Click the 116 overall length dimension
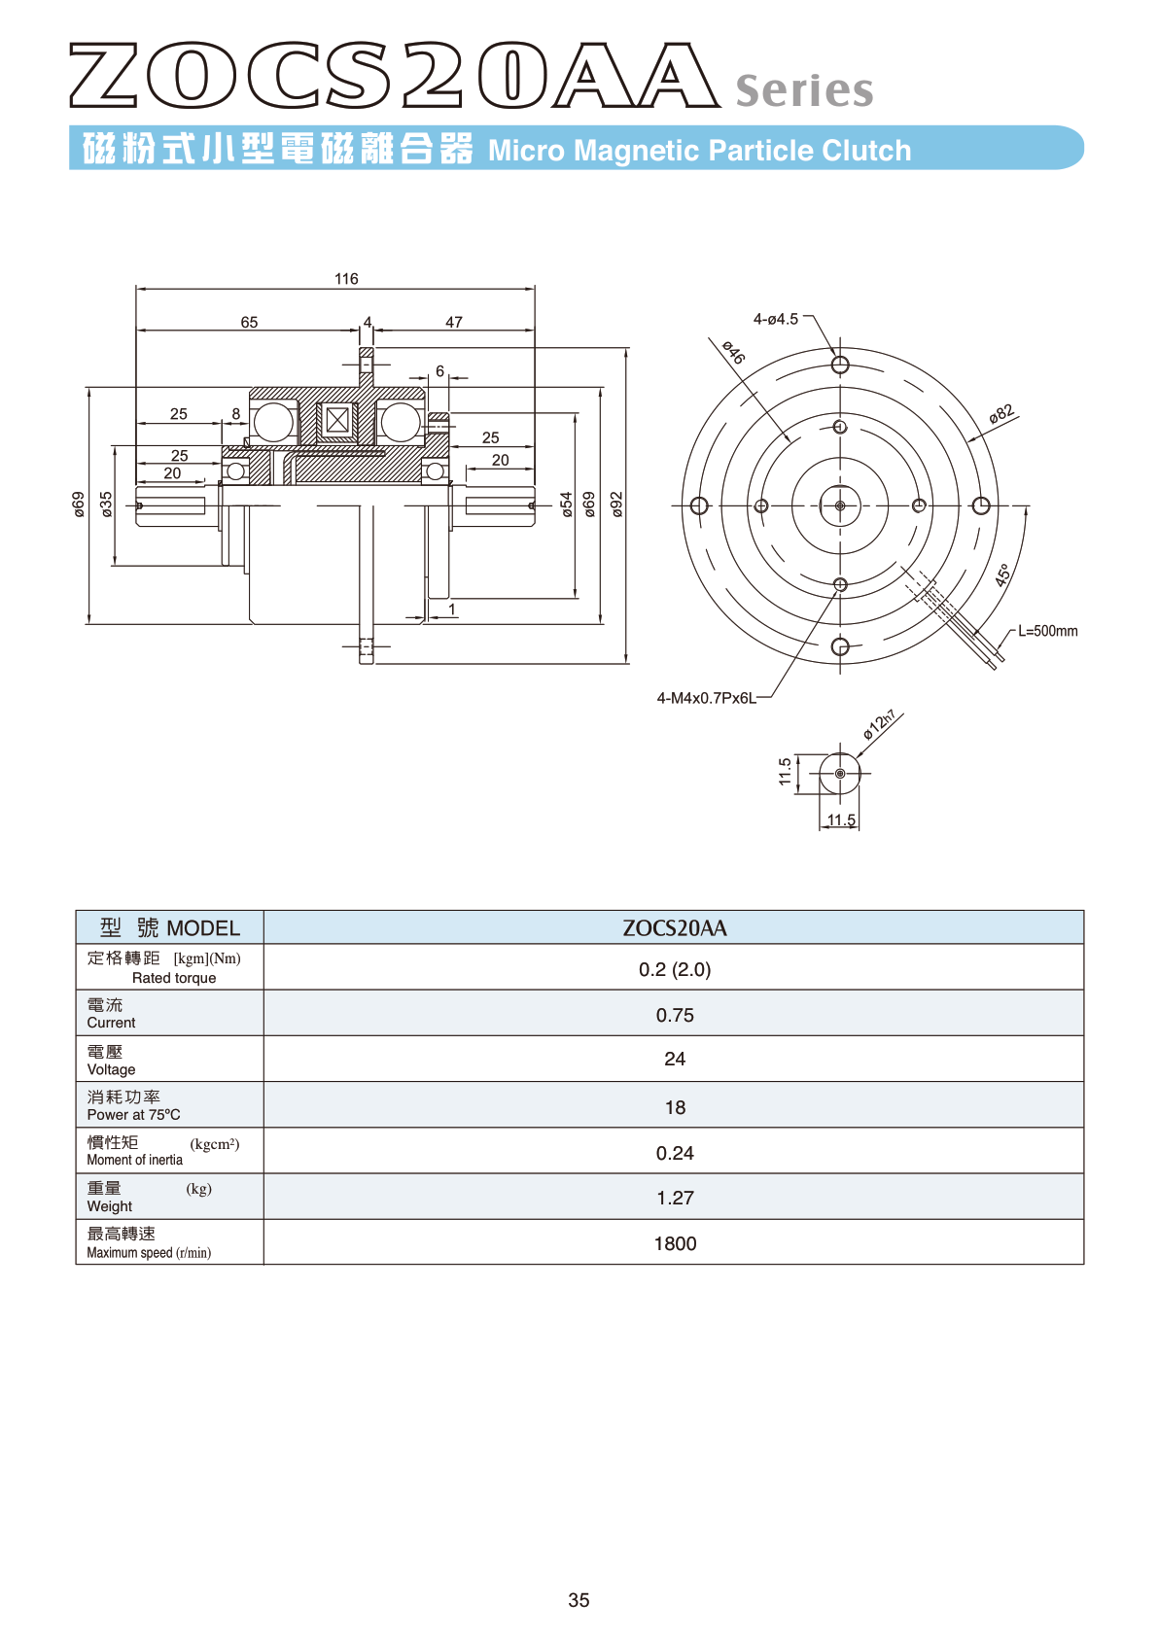coord(346,278)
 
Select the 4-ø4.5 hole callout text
coord(775,319)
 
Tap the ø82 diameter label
coord(1001,413)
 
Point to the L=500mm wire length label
coord(1047,631)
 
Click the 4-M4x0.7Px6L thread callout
coord(706,698)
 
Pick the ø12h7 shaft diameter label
coord(880,723)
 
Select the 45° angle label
coord(1002,575)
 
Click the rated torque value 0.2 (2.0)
coord(674,969)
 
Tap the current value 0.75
coord(674,1014)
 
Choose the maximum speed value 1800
coord(674,1243)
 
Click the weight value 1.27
coord(674,1197)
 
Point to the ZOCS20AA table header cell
coord(674,927)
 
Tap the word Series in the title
coord(804,89)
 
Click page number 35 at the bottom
coord(579,1600)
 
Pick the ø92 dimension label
coord(616,505)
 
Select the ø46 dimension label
coord(733,352)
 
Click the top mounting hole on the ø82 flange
coord(840,364)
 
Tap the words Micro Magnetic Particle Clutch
coord(700,150)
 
